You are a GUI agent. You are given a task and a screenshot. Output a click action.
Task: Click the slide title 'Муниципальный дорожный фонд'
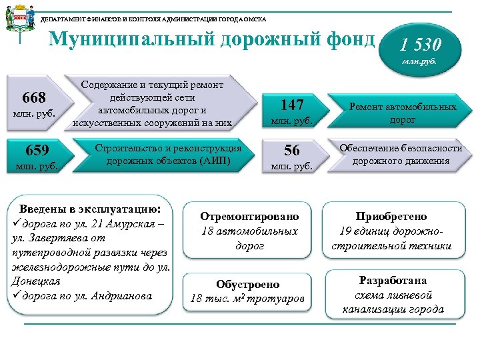[213, 41]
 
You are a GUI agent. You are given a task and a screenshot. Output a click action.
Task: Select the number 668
[33, 99]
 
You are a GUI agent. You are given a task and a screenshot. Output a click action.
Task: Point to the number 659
[33, 149]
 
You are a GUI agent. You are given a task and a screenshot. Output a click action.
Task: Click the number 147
[292, 104]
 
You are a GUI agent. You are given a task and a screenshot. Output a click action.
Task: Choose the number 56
[292, 150]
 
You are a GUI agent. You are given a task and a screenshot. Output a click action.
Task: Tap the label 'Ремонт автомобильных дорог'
[403, 113]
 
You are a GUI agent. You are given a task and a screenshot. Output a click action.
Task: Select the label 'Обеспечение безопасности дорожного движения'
[401, 154]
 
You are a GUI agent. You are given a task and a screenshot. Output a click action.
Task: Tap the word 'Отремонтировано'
[250, 216]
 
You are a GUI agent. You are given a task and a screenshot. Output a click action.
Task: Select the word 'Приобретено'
[391, 216]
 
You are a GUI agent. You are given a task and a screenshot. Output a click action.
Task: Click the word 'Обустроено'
[248, 284]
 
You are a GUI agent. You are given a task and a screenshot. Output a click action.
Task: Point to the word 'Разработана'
[393, 280]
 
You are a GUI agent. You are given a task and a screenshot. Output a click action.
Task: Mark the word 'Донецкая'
[37, 281]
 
